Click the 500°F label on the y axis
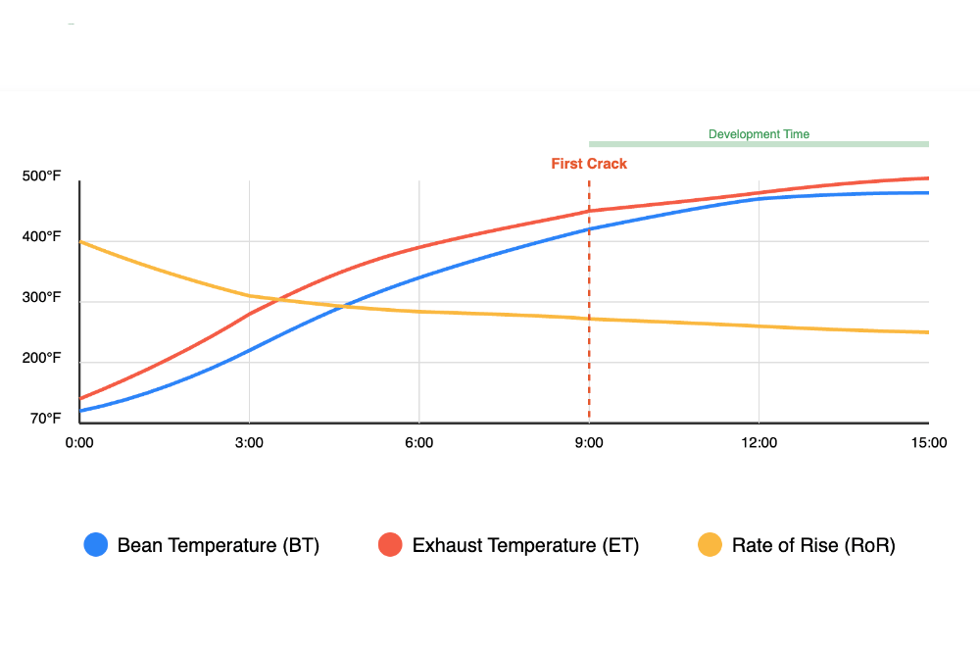click(x=41, y=176)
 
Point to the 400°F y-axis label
click(x=41, y=237)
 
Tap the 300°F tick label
click(x=41, y=298)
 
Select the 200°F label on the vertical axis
click(x=41, y=359)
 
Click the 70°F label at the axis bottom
click(x=44, y=419)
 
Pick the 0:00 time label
click(x=79, y=442)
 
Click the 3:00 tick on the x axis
click(x=249, y=442)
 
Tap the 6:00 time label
click(x=418, y=442)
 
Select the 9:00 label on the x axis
click(x=589, y=442)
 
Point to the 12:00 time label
click(x=759, y=442)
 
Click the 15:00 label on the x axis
click(x=928, y=442)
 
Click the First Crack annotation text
click(x=589, y=164)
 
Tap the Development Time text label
click(x=759, y=134)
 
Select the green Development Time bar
click(x=759, y=144)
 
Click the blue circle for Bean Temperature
click(x=95, y=545)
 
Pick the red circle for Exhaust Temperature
click(x=390, y=545)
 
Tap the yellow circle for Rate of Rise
click(x=710, y=545)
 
